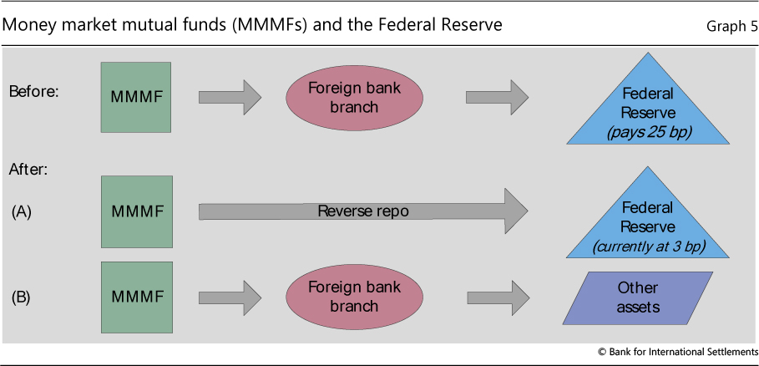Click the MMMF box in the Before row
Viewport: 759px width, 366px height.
pos(136,96)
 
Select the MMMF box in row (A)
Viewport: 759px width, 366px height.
pos(136,211)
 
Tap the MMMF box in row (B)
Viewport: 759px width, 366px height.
pos(136,297)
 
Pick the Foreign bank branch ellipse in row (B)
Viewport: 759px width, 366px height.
pos(342,297)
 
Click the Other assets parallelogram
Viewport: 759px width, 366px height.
pos(639,297)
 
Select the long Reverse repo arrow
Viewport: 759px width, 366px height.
pos(363,211)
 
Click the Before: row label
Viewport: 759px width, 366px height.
pos(34,91)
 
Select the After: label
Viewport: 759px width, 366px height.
pos(28,168)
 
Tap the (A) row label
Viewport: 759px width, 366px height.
pos(22,211)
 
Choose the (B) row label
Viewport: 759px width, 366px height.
pos(22,297)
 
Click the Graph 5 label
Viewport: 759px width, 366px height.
pos(731,26)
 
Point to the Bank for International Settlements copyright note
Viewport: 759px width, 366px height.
pos(678,352)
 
